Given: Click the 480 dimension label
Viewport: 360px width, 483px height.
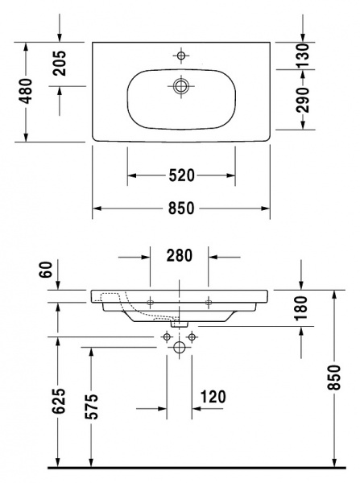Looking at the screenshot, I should [x=26, y=92].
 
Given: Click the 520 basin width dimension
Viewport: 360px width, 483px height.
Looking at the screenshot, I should [x=181, y=175].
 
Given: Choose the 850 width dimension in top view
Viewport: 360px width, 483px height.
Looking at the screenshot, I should [x=181, y=208].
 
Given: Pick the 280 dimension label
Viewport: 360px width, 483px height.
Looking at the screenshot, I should [x=179, y=256].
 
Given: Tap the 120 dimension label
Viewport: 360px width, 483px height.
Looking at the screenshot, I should [x=213, y=396].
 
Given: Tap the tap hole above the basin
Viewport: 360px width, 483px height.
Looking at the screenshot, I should [x=181, y=55].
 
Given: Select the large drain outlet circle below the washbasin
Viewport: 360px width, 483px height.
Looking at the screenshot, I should [x=180, y=347].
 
